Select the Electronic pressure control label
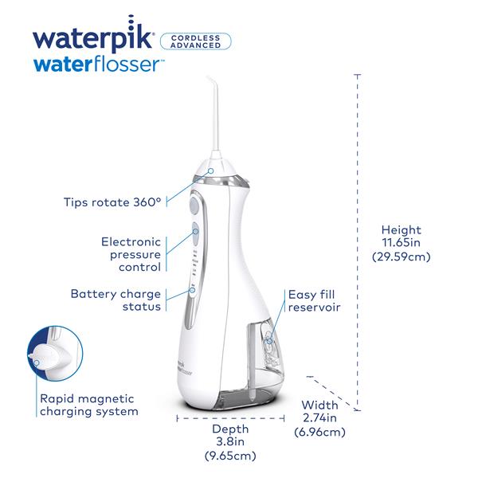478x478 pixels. pyautogui.click(x=131, y=254)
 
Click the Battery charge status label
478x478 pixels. pyautogui.click(x=116, y=300)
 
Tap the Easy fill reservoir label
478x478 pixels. pyautogui.click(x=315, y=300)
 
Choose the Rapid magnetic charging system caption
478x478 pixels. pyautogui.click(x=88, y=405)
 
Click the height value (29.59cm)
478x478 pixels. pyautogui.click(x=402, y=257)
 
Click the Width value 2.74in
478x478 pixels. pyautogui.click(x=319, y=417)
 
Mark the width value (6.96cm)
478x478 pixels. pyautogui.click(x=319, y=433)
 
